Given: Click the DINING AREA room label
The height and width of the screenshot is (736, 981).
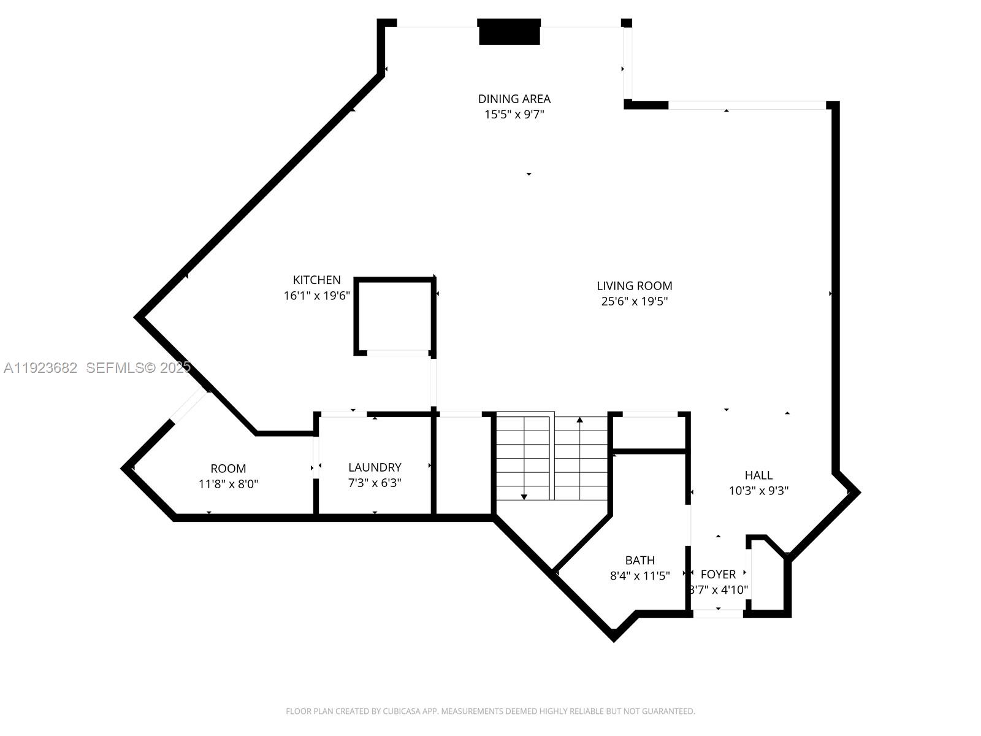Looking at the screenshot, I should pyautogui.click(x=514, y=99).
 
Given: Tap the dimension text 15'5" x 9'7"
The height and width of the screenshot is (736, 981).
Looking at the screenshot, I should pyautogui.click(x=514, y=115).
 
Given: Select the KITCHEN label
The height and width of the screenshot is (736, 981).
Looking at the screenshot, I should pyautogui.click(x=316, y=280).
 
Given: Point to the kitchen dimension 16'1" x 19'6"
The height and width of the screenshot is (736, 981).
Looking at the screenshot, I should pyautogui.click(x=316, y=296).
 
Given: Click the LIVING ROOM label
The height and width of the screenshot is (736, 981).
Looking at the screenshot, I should pyautogui.click(x=634, y=286).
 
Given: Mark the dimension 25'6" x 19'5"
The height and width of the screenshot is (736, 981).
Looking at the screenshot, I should pyautogui.click(x=634, y=301).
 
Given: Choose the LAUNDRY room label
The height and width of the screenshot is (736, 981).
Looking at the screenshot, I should pyautogui.click(x=375, y=467).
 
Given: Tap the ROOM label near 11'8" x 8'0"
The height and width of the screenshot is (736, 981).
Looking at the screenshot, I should pyautogui.click(x=228, y=469).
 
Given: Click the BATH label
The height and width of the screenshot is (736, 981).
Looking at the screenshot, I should pyautogui.click(x=639, y=560).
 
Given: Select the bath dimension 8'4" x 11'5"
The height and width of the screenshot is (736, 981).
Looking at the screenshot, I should pyautogui.click(x=639, y=576).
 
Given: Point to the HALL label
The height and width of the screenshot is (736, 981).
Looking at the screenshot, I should pyautogui.click(x=758, y=475).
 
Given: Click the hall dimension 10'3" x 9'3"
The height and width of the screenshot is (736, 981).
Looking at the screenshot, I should pyautogui.click(x=758, y=491).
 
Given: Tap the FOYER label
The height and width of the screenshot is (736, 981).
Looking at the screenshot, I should pyautogui.click(x=718, y=575).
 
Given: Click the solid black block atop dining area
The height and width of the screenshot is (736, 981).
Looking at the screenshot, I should pyautogui.click(x=509, y=32).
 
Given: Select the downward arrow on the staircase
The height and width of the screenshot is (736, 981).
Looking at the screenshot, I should pyautogui.click(x=524, y=496).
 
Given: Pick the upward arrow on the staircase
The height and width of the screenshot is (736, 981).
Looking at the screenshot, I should pyautogui.click(x=579, y=421).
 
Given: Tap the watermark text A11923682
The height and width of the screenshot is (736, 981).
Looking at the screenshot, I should pyautogui.click(x=40, y=368).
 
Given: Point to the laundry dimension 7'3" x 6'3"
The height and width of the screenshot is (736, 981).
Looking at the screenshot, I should pyautogui.click(x=375, y=483).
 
